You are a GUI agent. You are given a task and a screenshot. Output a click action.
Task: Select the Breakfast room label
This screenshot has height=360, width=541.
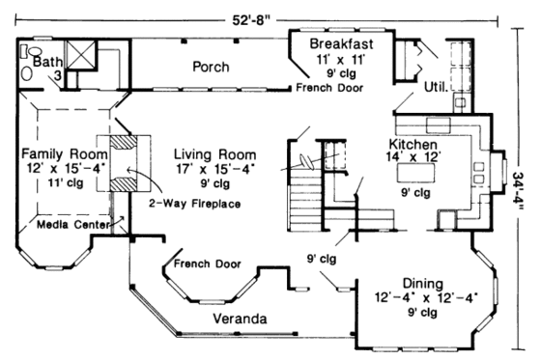[339, 44]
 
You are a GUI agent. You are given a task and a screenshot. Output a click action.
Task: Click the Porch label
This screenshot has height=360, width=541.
[210, 67]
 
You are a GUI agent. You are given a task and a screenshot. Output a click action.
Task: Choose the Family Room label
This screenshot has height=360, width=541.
[61, 154]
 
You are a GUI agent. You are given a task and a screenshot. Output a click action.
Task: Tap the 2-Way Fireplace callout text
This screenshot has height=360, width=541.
[194, 204]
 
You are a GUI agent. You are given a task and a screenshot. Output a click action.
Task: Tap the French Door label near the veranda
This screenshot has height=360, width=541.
[210, 263]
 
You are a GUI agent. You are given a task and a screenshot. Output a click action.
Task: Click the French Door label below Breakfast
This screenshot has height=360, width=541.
[330, 88]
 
